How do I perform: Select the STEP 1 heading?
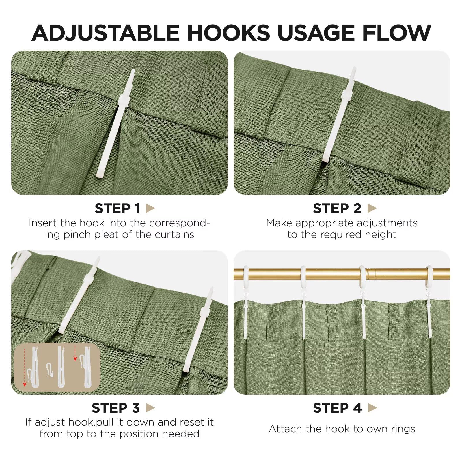click(118, 208)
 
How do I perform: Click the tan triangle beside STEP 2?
click(372, 208)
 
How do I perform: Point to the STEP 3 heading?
click(116, 408)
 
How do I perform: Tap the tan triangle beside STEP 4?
click(372, 408)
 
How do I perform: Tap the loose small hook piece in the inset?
click(50, 369)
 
